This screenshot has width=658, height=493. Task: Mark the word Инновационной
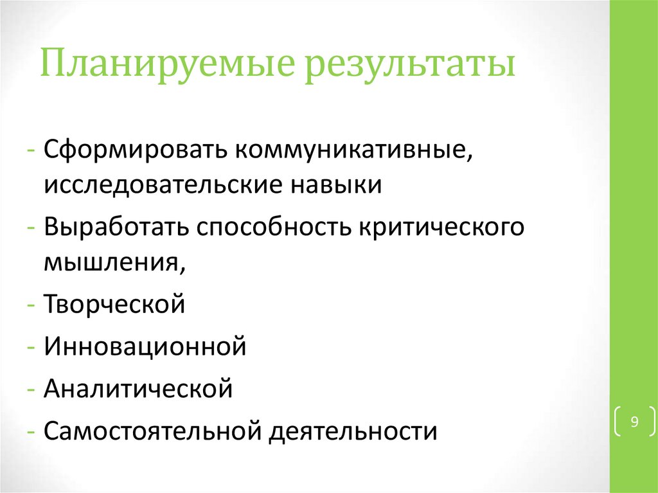coord(146,346)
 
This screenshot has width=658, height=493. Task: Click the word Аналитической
coord(138,389)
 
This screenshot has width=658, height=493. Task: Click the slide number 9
coord(634,422)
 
